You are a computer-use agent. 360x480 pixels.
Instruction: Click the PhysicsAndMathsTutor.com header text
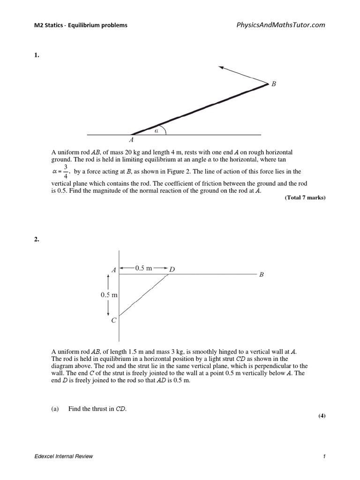pos(281,25)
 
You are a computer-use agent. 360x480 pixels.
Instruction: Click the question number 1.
pos(36,55)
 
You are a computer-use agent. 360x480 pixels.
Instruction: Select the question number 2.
pos(36,240)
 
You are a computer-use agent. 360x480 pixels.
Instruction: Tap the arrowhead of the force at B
pos(221,68)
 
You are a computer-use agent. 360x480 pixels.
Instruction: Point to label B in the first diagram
pos(274,84)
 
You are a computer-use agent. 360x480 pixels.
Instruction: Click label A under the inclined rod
pos(131,140)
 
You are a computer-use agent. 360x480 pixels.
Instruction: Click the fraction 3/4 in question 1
pos(66,172)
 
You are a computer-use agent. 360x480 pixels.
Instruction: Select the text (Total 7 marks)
pos(305,197)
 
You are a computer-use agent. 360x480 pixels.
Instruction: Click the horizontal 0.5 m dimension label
pos(144,268)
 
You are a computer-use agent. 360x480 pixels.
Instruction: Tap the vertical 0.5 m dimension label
pos(108,296)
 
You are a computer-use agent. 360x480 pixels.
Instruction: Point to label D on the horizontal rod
pos(172,269)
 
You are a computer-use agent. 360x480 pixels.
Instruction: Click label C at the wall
pos(114,321)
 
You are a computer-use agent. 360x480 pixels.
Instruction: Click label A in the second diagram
pos(114,270)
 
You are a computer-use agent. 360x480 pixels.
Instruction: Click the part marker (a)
pos(55,409)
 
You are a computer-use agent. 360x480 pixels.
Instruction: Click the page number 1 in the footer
pos(324,457)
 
